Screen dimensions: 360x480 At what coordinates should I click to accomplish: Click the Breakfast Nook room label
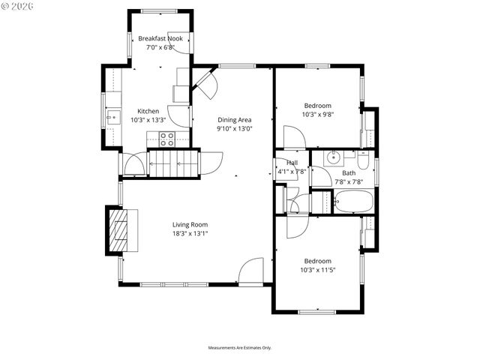[x=160, y=38]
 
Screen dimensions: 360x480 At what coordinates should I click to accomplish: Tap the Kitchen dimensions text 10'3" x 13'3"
[x=148, y=120]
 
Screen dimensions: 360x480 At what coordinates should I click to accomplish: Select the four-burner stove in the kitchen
[x=166, y=139]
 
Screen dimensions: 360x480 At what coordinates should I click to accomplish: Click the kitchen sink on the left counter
[x=112, y=116]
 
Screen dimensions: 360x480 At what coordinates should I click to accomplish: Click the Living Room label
[x=190, y=224]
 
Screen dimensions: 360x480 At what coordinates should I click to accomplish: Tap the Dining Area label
[x=234, y=119]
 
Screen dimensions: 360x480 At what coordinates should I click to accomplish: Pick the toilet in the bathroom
[x=363, y=160]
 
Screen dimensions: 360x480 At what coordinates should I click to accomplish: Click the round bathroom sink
[x=333, y=158]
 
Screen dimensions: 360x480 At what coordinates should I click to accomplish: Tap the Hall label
[x=292, y=163]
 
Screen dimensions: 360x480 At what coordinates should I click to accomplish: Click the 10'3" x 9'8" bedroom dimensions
[x=317, y=115]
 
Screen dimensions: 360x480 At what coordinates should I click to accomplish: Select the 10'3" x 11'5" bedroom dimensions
[x=317, y=270]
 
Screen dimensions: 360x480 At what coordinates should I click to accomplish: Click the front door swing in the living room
[x=252, y=271]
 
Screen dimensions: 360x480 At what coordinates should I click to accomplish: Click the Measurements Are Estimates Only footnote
[x=239, y=348]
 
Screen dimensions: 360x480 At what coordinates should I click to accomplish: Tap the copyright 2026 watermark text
[x=23, y=8]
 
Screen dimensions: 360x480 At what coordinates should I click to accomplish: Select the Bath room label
[x=349, y=172]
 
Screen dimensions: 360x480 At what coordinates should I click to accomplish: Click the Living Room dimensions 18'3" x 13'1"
[x=190, y=233]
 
